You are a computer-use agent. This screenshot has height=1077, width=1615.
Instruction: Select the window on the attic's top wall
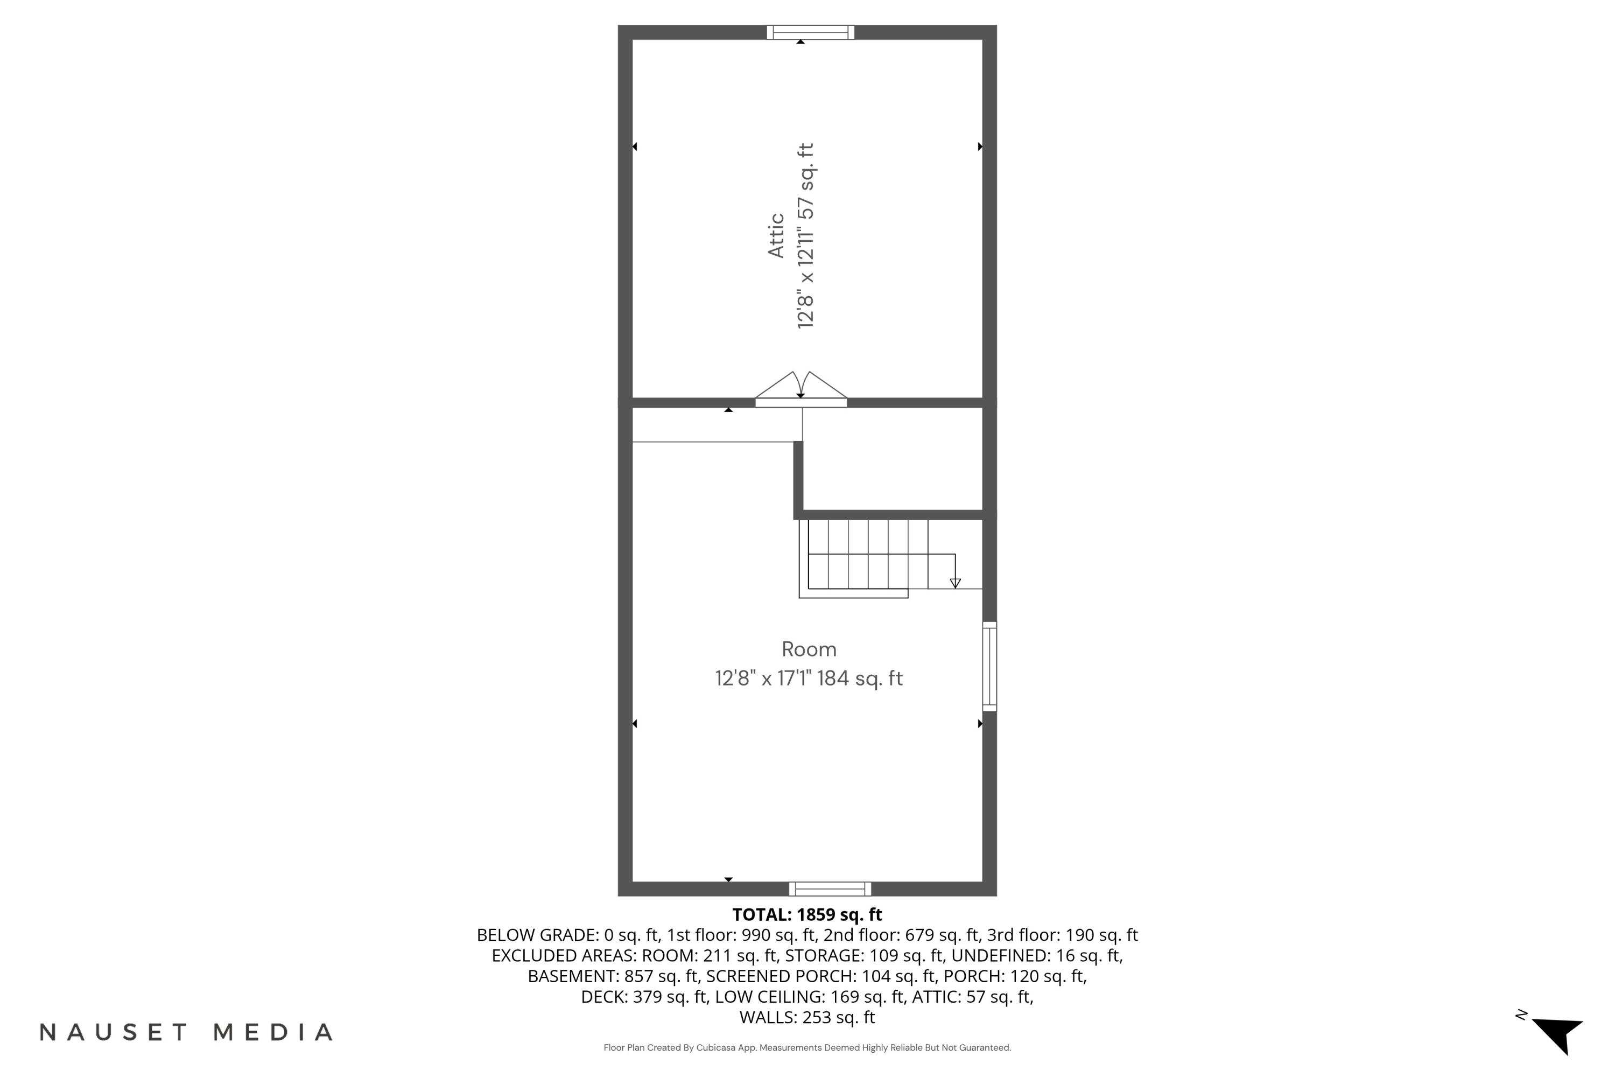[x=810, y=32]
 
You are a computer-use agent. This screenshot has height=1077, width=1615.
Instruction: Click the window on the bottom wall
[x=830, y=889]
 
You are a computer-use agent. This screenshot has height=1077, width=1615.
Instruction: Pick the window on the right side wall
[x=989, y=666]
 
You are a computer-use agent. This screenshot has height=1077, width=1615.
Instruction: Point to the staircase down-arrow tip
[x=955, y=584]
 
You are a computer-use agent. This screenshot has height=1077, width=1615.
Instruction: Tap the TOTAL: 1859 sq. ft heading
[x=807, y=915]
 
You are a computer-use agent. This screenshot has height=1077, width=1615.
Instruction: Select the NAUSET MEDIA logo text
[x=186, y=1032]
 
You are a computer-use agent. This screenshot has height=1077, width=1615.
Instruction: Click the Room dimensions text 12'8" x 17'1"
[x=763, y=679]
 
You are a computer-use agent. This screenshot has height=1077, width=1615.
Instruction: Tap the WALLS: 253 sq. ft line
[x=807, y=1017]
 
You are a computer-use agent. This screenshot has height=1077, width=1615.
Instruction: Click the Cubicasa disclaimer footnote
[x=807, y=1047]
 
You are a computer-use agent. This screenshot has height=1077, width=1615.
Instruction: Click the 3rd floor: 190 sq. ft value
[x=1062, y=935]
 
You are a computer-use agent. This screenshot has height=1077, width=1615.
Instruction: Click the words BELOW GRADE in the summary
[x=537, y=935]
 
